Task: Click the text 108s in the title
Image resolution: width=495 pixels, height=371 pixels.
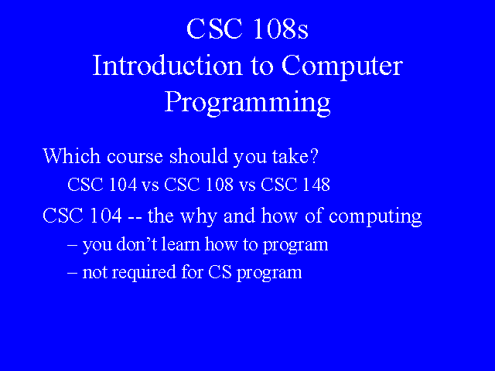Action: click(280, 29)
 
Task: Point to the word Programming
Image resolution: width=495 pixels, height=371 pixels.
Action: click(247, 103)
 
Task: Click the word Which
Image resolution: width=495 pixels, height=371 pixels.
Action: click(71, 155)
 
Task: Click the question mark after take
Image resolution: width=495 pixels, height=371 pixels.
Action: click(314, 155)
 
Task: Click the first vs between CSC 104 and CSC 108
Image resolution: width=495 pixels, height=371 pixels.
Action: click(150, 185)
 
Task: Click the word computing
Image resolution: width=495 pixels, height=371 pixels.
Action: click(375, 217)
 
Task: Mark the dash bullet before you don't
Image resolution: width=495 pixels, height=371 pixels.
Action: click(72, 246)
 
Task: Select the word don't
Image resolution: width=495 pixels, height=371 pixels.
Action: click(137, 244)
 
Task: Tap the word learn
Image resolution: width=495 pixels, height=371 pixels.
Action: click(180, 244)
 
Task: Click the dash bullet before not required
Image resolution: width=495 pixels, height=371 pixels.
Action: click(72, 273)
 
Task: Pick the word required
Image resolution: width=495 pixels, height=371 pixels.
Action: click(144, 273)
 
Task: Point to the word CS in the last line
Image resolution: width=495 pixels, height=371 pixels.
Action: click(220, 272)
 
